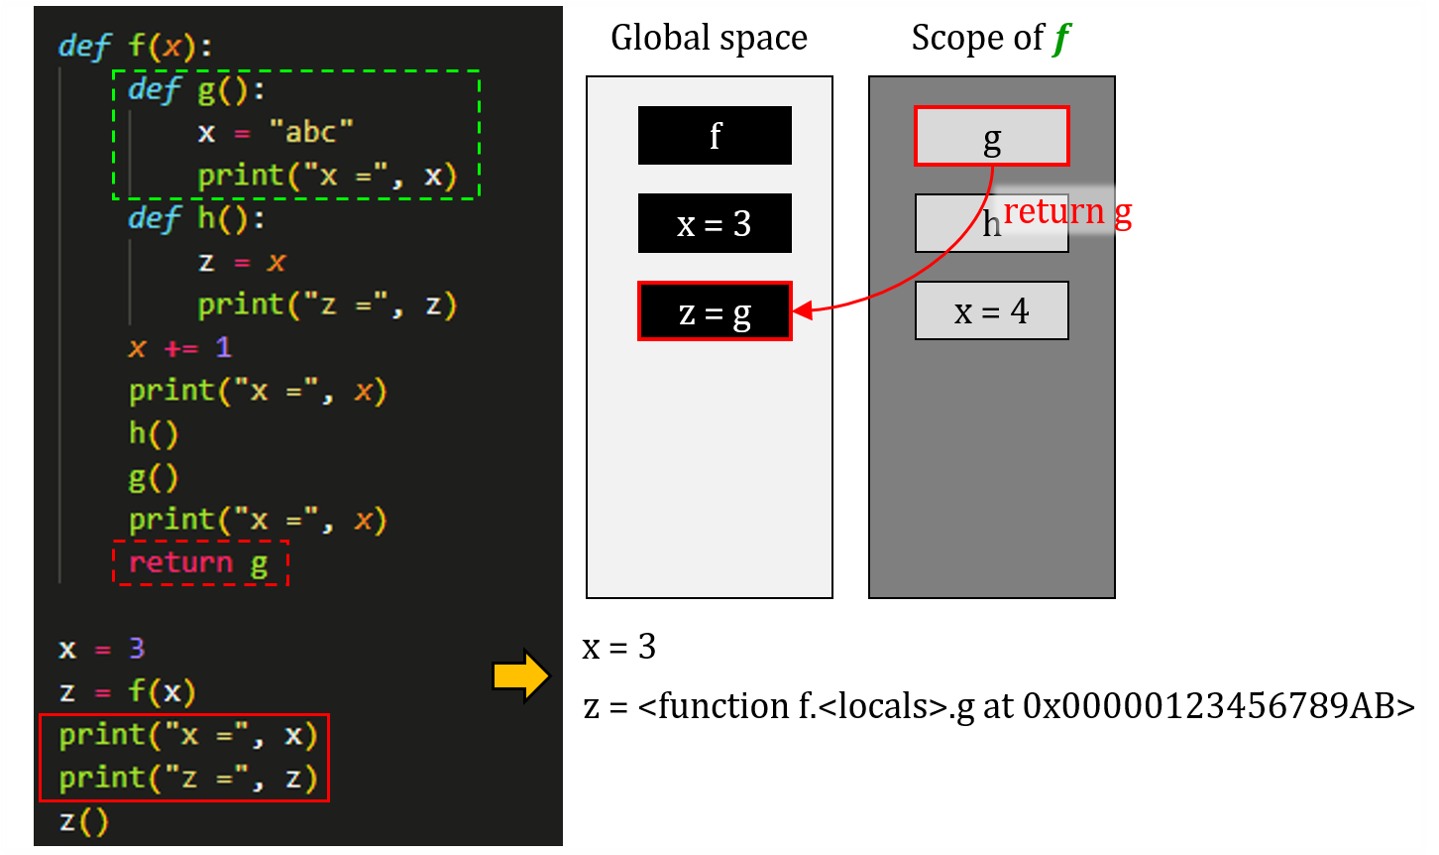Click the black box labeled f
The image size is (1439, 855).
tap(715, 135)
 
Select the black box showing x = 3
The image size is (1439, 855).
tap(715, 223)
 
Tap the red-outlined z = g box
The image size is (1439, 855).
tap(715, 311)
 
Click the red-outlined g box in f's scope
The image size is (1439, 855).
tap(991, 136)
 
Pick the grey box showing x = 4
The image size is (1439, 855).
tap(991, 310)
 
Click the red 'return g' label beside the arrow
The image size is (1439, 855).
tap(1067, 211)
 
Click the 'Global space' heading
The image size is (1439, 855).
tap(709, 38)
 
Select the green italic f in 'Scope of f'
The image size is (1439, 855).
tap(1060, 39)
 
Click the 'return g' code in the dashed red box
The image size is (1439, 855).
tap(199, 562)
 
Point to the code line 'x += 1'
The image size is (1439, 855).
tap(179, 347)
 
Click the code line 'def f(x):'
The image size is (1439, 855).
tap(136, 47)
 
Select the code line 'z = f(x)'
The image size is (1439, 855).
tap(127, 691)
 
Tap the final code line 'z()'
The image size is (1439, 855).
tap(83, 821)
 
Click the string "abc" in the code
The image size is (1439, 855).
tap(311, 132)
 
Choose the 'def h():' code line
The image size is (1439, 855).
tap(197, 218)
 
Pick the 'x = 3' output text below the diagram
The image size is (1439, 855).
tap(619, 648)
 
